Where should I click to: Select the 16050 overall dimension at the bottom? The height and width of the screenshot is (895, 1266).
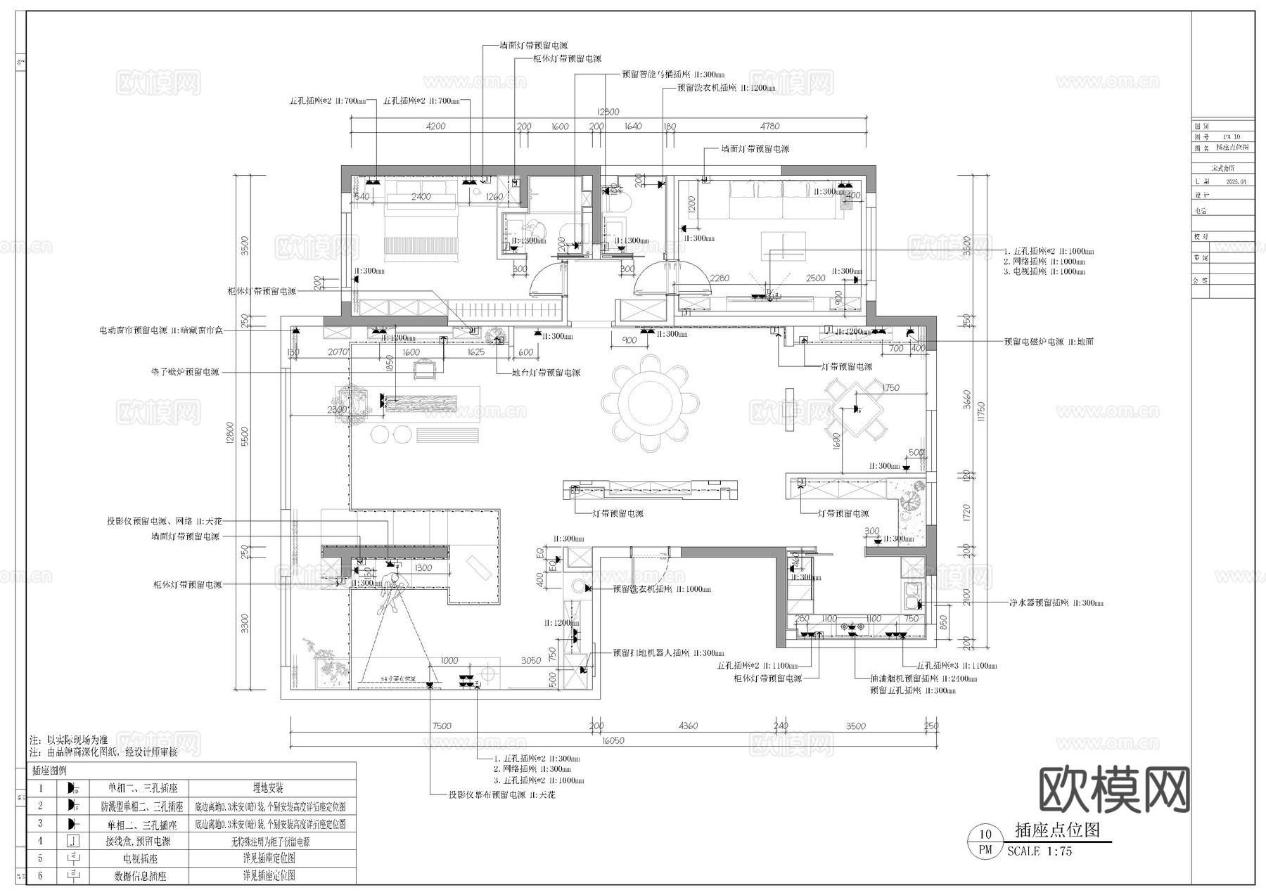tap(613, 740)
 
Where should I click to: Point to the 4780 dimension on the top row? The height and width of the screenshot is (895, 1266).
tap(769, 127)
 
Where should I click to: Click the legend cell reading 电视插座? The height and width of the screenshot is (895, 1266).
tap(139, 858)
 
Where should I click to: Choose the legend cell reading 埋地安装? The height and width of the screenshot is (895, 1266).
tap(268, 788)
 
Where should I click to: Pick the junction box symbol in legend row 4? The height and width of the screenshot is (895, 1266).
tap(72, 841)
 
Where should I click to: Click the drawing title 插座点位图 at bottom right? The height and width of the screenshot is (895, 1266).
tap(1057, 830)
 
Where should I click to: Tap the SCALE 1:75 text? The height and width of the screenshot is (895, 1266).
tap(1040, 851)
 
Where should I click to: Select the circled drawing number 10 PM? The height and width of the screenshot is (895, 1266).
tap(985, 842)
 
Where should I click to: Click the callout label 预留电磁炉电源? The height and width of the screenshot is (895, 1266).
tap(1034, 342)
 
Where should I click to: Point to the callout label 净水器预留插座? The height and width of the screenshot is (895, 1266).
tap(1040, 603)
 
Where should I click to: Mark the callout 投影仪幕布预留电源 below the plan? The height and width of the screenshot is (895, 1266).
tap(487, 794)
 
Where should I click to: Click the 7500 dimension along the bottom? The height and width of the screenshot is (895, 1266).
tap(442, 726)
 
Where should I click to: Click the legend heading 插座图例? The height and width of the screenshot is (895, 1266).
tap(49, 771)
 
